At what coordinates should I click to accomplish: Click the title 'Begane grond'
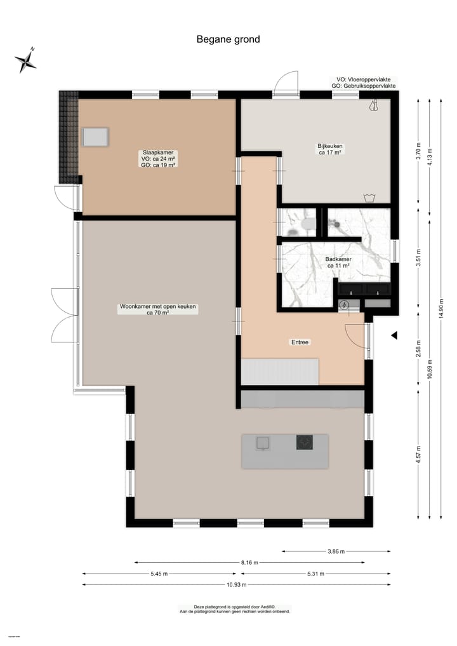(x=228, y=39)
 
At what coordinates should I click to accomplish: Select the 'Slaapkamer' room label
(x=158, y=153)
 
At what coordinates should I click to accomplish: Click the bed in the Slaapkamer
(x=95, y=137)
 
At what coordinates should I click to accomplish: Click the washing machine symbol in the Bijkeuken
(x=368, y=197)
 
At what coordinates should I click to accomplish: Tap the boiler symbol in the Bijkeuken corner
(x=373, y=107)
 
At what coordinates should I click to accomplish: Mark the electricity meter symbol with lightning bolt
(x=344, y=306)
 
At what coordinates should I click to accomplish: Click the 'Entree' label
(x=300, y=342)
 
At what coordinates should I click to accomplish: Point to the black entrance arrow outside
(x=394, y=335)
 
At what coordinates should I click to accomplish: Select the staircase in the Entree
(x=279, y=372)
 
